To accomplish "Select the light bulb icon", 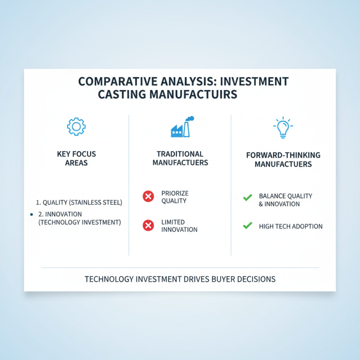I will pyautogui.click(x=282, y=127).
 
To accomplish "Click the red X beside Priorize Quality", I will pyautogui.click(x=148, y=196).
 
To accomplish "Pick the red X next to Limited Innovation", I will pyautogui.click(x=148, y=225).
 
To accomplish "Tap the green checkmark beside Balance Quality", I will pyautogui.click(x=247, y=198).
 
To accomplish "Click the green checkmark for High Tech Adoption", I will pyautogui.click(x=247, y=225).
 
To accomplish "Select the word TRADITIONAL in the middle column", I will pyautogui.click(x=180, y=154).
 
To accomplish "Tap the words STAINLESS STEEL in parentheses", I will pyautogui.click(x=97, y=202).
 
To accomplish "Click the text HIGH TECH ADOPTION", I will pyautogui.click(x=291, y=226).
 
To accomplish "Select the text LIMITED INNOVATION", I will pyautogui.click(x=179, y=225).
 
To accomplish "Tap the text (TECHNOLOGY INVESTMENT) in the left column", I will pyautogui.click(x=80, y=222).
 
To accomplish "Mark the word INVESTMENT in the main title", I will pyautogui.click(x=258, y=82).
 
